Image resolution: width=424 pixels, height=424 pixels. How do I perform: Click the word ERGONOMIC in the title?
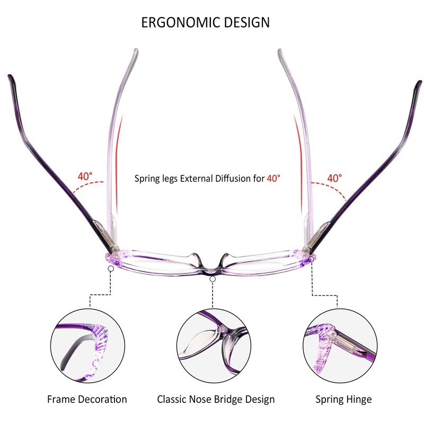click(178, 22)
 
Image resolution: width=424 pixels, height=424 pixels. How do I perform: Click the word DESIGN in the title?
click(245, 22)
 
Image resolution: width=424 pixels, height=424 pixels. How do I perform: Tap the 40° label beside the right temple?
click(334, 178)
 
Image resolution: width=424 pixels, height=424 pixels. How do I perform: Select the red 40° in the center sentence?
click(273, 179)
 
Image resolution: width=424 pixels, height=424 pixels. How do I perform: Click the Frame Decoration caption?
click(87, 399)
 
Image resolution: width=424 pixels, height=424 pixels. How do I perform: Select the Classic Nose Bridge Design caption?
click(216, 399)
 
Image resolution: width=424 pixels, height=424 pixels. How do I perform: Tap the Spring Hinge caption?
click(343, 399)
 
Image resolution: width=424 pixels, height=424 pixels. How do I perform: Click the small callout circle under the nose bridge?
click(213, 278)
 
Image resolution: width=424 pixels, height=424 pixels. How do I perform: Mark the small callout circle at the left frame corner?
click(110, 269)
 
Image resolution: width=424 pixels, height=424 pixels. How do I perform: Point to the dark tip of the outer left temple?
click(10, 79)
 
